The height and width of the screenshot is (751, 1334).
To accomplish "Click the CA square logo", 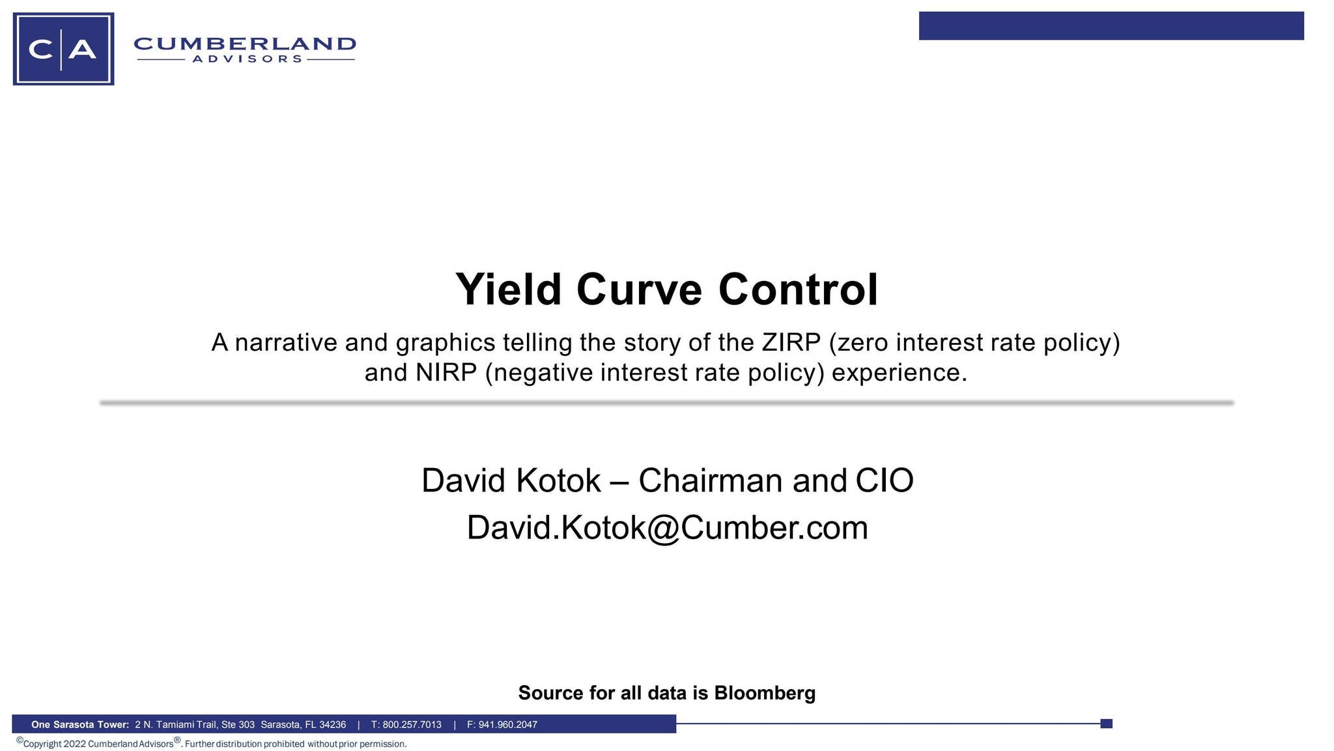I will [x=63, y=49].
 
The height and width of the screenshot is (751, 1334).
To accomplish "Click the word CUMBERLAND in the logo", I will [x=245, y=44].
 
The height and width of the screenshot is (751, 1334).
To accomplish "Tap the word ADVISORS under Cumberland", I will [x=247, y=59].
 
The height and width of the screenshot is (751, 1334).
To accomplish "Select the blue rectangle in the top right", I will [x=1111, y=26].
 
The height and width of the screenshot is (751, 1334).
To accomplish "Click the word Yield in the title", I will [x=508, y=289].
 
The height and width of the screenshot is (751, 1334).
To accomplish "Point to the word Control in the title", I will [x=798, y=289].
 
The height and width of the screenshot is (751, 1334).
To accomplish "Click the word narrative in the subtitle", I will [x=286, y=342].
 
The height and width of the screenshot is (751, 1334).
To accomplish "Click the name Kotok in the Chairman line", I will [x=558, y=480].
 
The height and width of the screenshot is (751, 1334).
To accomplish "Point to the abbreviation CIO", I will [x=884, y=480].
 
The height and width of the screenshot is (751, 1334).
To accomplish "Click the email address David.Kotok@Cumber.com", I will [x=667, y=527].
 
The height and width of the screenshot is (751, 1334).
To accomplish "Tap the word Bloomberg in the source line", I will [x=765, y=692].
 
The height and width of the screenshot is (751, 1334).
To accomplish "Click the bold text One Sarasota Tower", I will [x=80, y=724].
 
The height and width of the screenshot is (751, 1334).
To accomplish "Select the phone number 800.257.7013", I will [x=412, y=724].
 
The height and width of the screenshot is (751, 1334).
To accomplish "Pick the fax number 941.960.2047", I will [x=507, y=724].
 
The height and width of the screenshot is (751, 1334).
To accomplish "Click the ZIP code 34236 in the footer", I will [x=332, y=724].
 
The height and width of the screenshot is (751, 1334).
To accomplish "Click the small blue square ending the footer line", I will [x=1106, y=724].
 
